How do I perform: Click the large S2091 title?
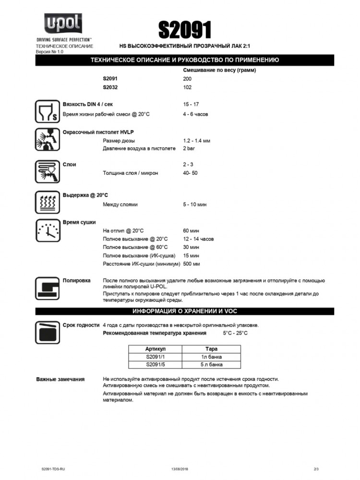coord(185,30)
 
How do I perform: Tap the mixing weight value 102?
coord(187,87)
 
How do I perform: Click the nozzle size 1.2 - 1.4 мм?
coord(196,141)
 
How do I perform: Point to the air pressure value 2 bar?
coord(189,149)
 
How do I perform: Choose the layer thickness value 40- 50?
coord(190,173)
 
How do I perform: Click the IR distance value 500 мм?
coord(192,264)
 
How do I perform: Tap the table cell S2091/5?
coord(155,364)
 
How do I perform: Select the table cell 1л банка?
coord(212,357)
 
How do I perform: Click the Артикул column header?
coord(155,349)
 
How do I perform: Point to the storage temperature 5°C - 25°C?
coord(235,333)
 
